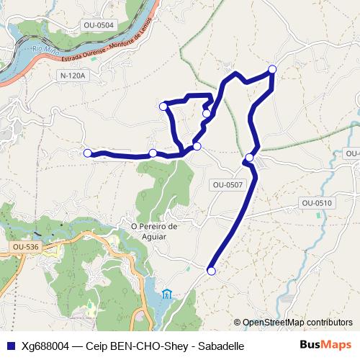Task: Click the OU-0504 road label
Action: tap(99, 25)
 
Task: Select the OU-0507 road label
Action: tap(228, 185)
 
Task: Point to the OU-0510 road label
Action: tap(317, 203)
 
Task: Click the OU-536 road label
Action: tap(25, 248)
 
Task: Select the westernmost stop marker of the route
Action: tap(88, 153)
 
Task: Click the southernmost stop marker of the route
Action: tap(211, 271)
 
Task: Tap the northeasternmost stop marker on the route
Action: tap(272, 69)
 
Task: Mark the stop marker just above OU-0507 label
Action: tap(249, 158)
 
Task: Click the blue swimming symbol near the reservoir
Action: tap(168, 293)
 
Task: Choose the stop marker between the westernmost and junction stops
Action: tap(153, 153)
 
